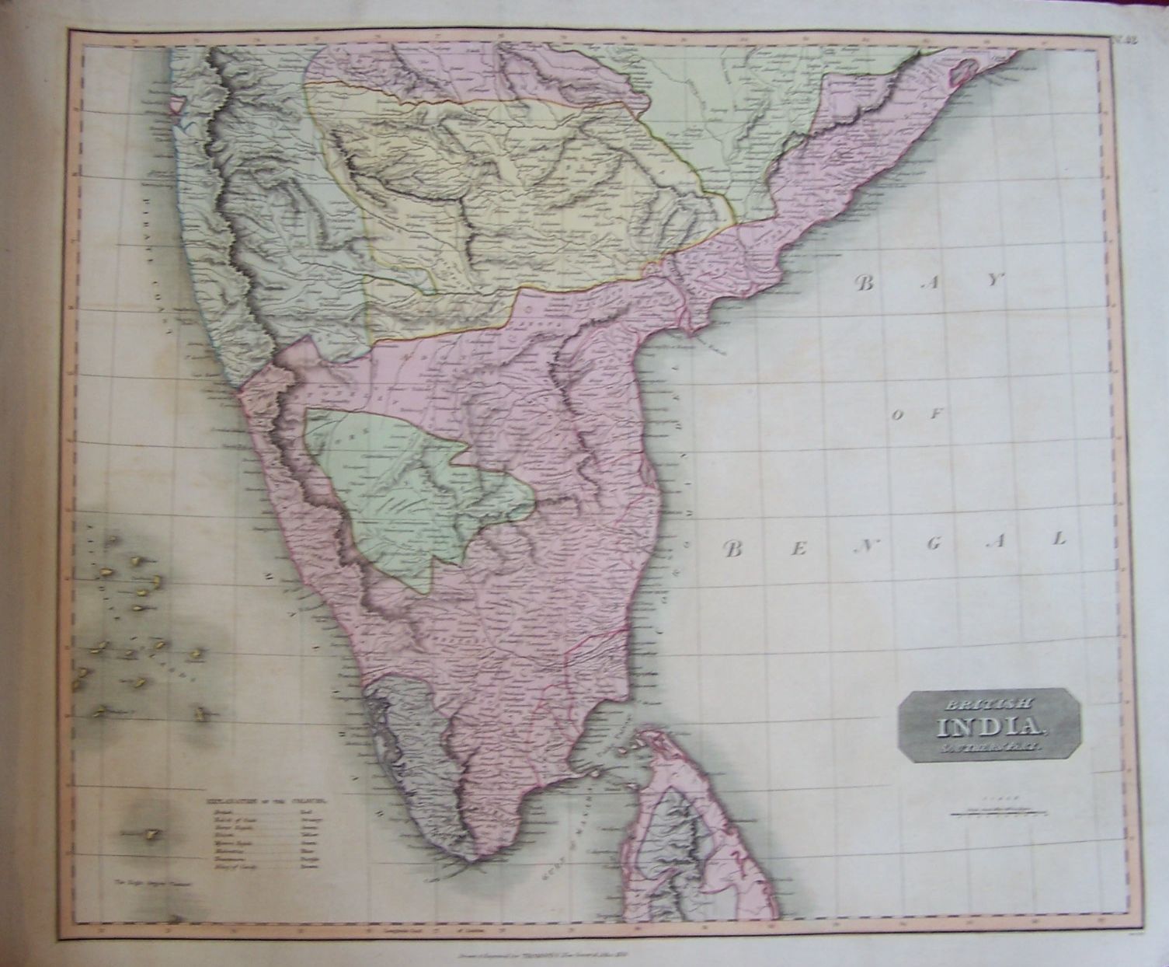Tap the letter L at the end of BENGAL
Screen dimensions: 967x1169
(1058, 539)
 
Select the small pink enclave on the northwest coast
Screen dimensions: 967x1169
(178, 103)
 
